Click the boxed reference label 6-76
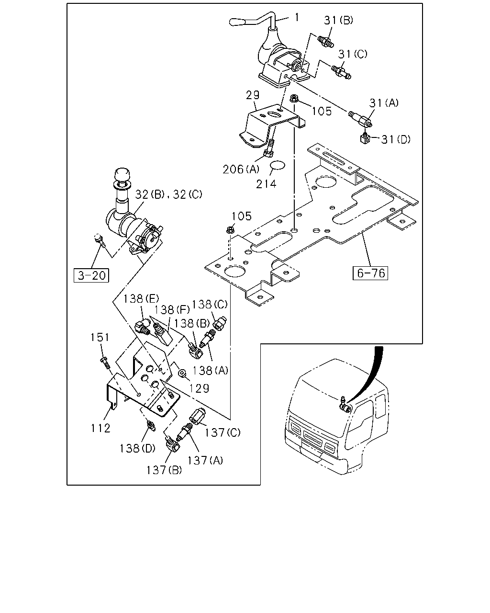[370, 273]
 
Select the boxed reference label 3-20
[91, 275]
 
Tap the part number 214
[266, 184]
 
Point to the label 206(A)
[241, 170]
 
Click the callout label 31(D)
[396, 139]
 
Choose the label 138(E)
[141, 299]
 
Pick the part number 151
[100, 337]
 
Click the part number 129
[200, 388]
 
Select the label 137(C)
[223, 432]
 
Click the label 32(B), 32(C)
[168, 194]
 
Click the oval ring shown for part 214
[278, 166]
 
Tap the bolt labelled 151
[105, 363]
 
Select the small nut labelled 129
[181, 373]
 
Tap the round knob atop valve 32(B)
[122, 174]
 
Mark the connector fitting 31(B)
[325, 41]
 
